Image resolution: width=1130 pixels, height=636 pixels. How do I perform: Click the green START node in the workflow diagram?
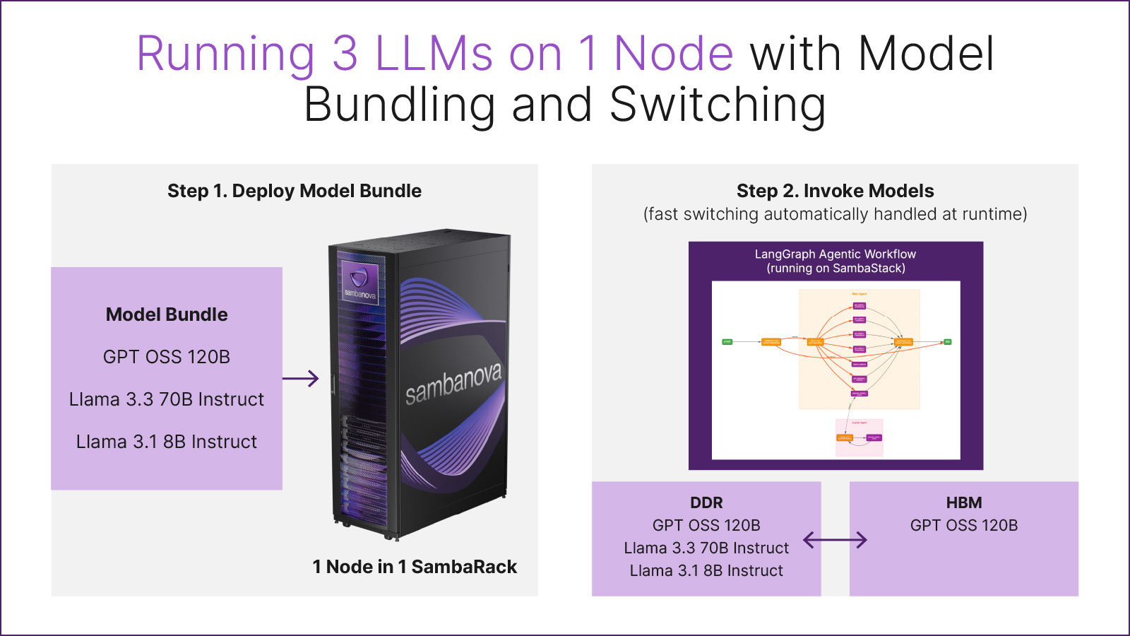727,342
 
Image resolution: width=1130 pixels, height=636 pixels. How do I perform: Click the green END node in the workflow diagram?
948,342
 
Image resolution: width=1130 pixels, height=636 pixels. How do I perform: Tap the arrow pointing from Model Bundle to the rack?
301,379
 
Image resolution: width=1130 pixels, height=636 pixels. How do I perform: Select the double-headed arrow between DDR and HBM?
835,540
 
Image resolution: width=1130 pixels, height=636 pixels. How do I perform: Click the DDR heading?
706,502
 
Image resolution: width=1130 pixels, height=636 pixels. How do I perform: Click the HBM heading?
964,502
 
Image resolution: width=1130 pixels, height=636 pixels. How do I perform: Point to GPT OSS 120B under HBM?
964,525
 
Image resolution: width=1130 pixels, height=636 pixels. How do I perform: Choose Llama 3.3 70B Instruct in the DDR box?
706,548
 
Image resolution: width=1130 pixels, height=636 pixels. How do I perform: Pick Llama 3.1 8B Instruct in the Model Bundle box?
167,442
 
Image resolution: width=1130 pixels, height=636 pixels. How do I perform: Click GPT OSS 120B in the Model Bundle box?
167,357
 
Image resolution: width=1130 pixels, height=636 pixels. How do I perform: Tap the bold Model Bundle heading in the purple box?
167,314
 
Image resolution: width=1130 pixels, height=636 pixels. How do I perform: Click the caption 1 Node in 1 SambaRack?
415,567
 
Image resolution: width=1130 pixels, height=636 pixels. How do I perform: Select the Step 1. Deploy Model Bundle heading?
295,191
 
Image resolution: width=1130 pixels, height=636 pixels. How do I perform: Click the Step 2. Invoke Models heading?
835,191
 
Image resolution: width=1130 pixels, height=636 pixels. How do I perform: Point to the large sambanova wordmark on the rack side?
453,382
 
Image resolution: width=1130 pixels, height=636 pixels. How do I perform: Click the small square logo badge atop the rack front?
359,281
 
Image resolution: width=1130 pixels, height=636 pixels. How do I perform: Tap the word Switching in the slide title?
718,105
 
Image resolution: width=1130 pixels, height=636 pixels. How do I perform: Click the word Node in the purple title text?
674,54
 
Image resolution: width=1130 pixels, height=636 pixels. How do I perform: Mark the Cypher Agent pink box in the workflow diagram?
860,437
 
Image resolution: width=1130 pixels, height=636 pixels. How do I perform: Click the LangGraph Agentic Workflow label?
835,254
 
